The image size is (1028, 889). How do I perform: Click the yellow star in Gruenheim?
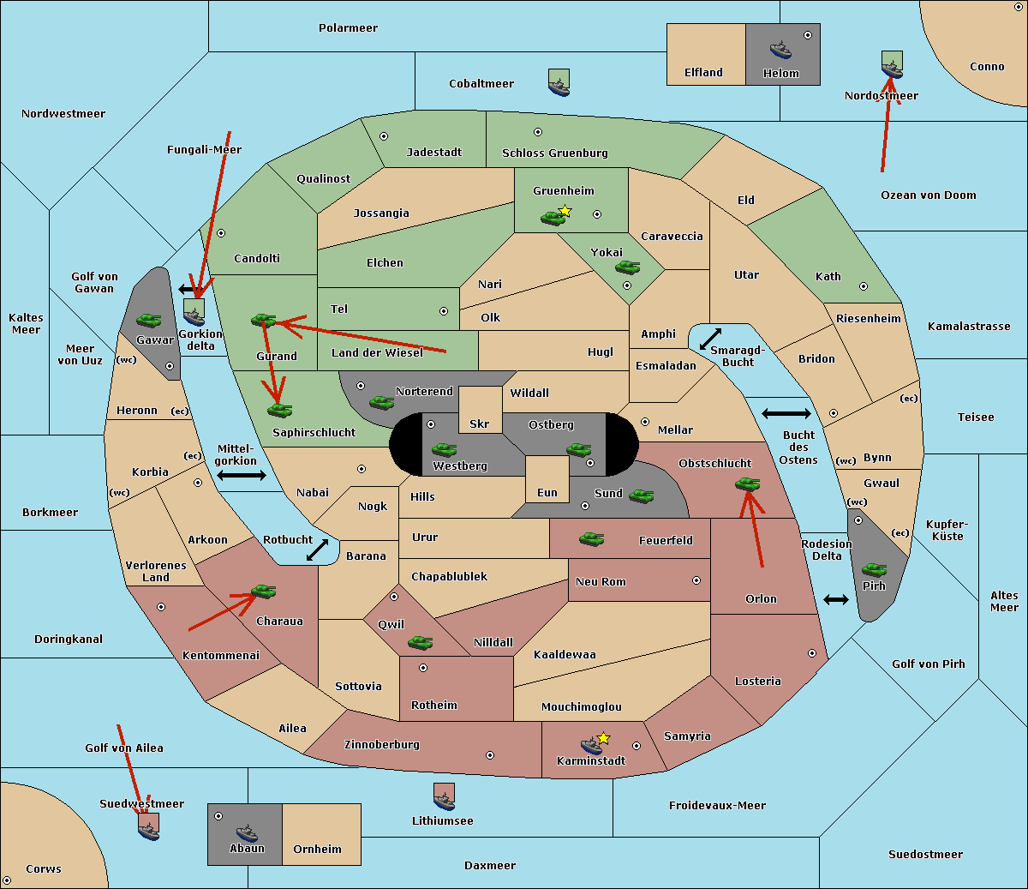click(565, 211)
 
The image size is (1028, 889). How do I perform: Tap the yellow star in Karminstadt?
click(603, 738)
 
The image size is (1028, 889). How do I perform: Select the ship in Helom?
click(780, 50)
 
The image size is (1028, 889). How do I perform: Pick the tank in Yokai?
click(628, 267)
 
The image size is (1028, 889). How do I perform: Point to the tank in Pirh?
click(874, 569)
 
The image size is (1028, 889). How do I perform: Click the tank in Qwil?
click(421, 643)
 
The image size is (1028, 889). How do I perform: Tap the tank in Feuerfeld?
click(591, 539)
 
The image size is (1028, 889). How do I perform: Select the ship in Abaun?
click(247, 833)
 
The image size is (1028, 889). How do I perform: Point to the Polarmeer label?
click(348, 28)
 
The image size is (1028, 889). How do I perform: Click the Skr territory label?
click(480, 423)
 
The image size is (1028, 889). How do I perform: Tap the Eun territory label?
click(547, 492)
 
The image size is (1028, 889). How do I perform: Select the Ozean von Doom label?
click(929, 195)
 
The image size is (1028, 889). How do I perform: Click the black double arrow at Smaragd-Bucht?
click(710, 339)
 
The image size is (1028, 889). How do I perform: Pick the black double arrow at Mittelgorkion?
click(242, 475)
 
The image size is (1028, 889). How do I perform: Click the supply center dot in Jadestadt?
click(384, 136)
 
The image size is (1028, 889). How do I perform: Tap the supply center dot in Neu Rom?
click(696, 580)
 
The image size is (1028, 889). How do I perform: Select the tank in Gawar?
click(149, 320)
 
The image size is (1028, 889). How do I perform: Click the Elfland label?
click(703, 73)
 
